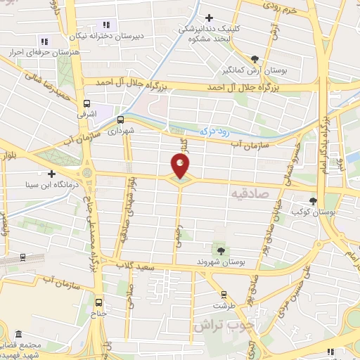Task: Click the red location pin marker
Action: coord(181,166)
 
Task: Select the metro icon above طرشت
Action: coord(224,295)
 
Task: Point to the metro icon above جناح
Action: coord(99,303)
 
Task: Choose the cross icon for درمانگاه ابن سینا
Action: coord(51,173)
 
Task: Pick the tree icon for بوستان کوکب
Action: coord(313,201)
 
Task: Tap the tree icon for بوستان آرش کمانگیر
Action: coord(255,59)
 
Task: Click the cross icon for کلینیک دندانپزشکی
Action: coord(208,18)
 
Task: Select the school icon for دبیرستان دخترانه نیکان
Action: coord(107,26)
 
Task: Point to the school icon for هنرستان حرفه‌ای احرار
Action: coord(44,41)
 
